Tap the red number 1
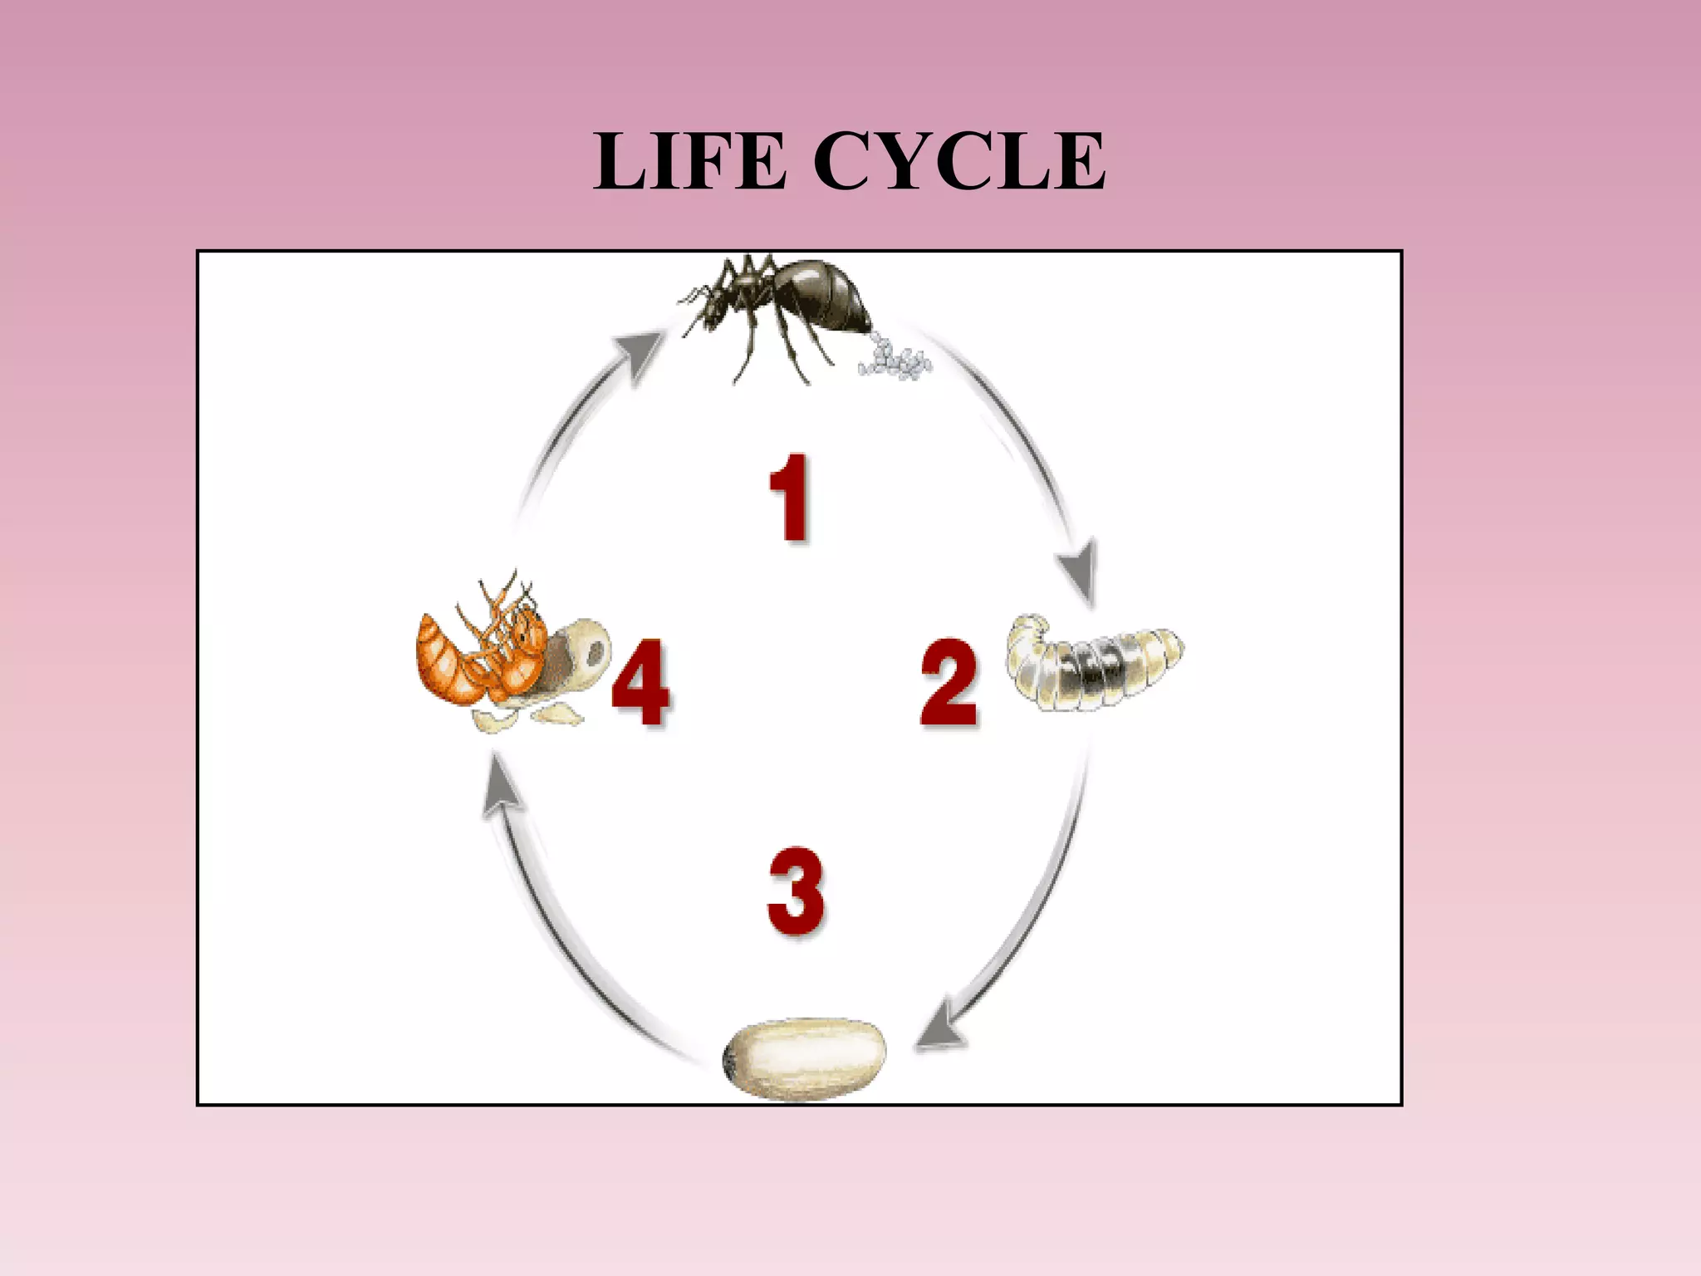point(788,498)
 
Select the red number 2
point(949,683)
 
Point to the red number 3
point(796,891)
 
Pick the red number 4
point(640,683)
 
